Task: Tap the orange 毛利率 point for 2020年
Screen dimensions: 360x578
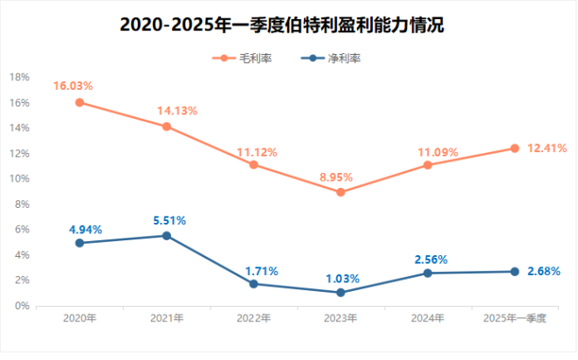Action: pyautogui.click(x=79, y=102)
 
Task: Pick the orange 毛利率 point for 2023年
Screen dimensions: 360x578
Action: pyautogui.click(x=341, y=192)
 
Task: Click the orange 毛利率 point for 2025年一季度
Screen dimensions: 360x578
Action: pyautogui.click(x=514, y=149)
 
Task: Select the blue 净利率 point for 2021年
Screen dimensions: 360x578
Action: pyautogui.click(x=167, y=236)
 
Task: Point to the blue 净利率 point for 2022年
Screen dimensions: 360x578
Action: pyautogui.click(x=253, y=284)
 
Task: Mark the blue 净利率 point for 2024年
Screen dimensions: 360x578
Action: pyautogui.click(x=427, y=273)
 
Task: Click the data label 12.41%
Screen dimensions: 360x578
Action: pyautogui.click(x=548, y=148)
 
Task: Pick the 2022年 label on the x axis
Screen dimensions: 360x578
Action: pyautogui.click(x=253, y=318)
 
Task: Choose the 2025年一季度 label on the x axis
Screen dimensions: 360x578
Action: pyautogui.click(x=514, y=318)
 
